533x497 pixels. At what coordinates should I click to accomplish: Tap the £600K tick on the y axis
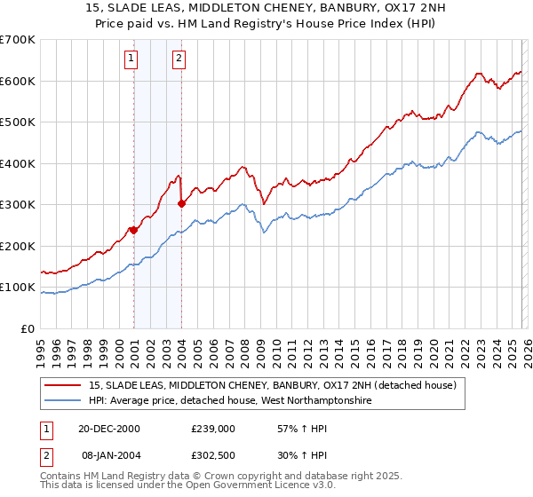[x=18, y=81]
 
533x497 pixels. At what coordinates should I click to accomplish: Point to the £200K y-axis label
[x=18, y=246]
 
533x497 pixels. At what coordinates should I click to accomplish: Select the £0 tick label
[x=28, y=328]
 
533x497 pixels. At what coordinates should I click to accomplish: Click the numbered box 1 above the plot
[x=131, y=59]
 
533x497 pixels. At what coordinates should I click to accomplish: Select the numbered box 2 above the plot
[x=179, y=59]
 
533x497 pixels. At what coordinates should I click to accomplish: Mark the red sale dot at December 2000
[x=133, y=230]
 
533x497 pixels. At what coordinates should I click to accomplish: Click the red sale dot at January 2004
[x=181, y=203]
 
